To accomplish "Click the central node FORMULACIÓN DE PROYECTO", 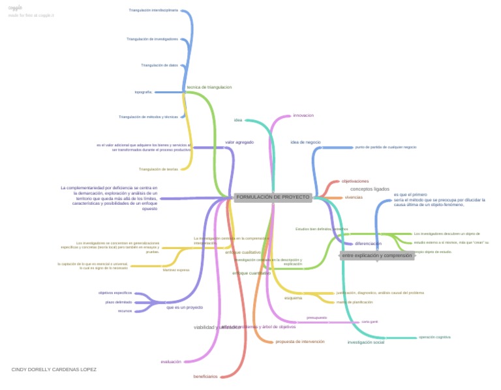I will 273,197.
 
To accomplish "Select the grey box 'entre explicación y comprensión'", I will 377,256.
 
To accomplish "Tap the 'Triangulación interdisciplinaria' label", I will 153,10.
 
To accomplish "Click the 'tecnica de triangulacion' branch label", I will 209,87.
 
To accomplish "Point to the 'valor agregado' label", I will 239,142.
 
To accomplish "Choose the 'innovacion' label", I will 303,115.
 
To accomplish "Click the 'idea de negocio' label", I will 305,142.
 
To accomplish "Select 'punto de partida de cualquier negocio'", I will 386,147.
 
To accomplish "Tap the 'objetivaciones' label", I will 355,181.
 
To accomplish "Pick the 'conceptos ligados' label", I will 370,189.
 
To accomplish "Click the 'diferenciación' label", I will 368,244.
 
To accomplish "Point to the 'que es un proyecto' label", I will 185,307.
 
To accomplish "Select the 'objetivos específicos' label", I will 115,293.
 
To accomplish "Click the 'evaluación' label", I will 171,362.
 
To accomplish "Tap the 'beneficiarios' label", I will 205,377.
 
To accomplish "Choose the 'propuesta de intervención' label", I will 299,342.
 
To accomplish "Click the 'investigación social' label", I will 365,342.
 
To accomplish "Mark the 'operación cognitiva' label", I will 434,337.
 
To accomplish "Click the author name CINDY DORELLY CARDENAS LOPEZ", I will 54,370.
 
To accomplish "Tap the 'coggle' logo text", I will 15,8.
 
